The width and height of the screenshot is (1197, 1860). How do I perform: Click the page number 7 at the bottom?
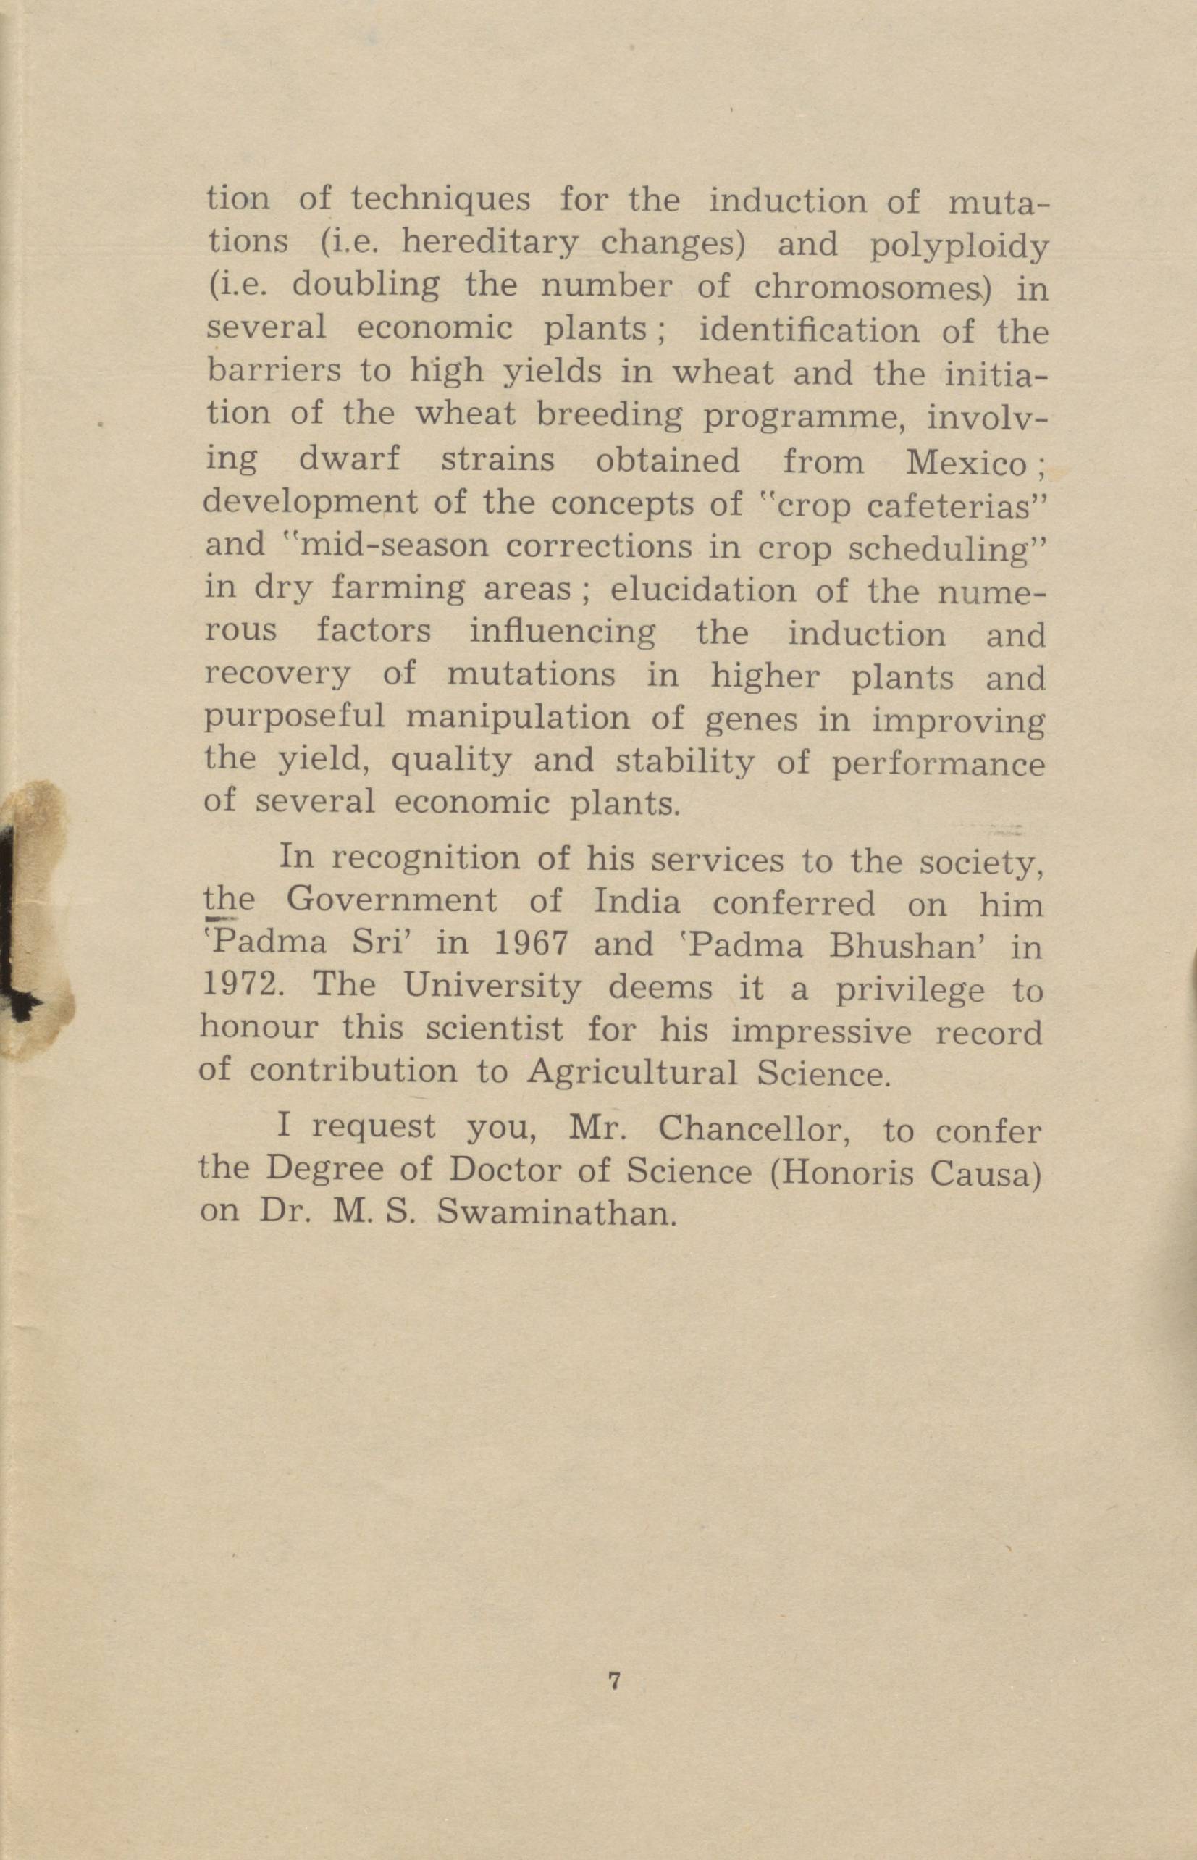(x=613, y=1680)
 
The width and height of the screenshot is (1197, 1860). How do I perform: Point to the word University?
(x=491, y=987)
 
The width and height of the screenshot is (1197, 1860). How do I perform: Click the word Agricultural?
(x=632, y=1073)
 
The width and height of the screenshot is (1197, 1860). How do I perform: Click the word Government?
(x=392, y=901)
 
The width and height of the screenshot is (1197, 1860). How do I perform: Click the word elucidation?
(x=702, y=591)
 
